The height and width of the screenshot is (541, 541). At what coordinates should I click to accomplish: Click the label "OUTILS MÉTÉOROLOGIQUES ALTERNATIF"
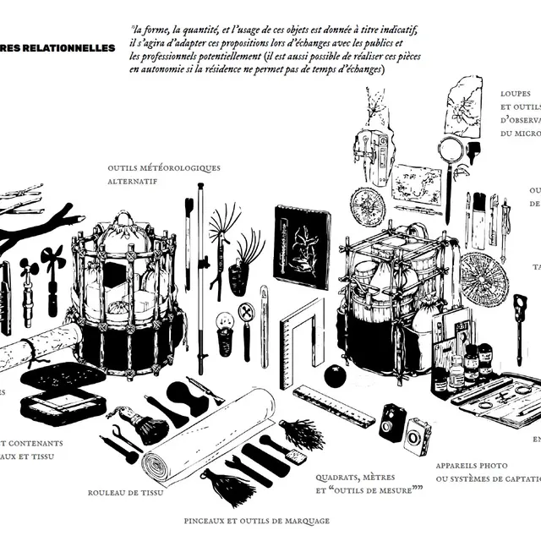click(164, 174)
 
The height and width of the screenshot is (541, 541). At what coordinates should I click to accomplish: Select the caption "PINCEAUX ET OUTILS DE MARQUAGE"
click(256, 521)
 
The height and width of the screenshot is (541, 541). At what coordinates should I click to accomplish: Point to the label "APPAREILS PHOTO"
click(472, 466)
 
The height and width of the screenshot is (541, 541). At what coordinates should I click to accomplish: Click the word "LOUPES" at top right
click(515, 92)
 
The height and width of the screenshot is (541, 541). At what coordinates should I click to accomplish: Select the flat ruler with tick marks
click(334, 406)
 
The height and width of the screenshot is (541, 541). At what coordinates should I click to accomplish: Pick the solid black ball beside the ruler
click(336, 375)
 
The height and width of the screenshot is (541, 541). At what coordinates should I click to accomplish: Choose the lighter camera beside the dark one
click(418, 435)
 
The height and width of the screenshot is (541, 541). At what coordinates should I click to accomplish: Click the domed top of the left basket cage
click(125, 227)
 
